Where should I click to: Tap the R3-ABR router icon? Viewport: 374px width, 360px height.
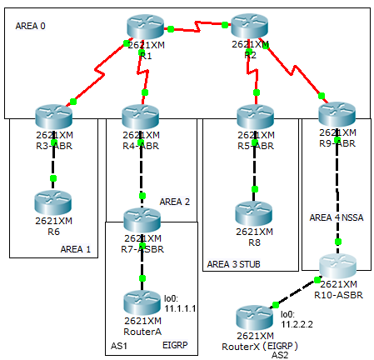point(54,116)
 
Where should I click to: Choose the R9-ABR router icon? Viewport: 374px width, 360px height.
point(337,116)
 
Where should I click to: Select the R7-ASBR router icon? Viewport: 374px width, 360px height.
point(142,220)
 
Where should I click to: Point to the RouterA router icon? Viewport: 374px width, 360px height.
point(142,301)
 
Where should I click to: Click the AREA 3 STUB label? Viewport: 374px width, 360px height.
point(235,264)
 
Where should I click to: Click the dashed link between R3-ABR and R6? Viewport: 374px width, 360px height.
point(53,163)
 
